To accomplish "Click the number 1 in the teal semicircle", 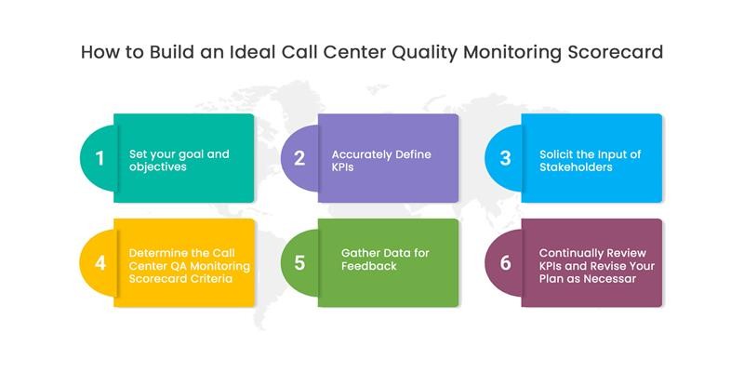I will [x=100, y=157].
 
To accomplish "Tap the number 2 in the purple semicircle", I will [x=299, y=157].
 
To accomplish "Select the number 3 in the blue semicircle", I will [x=505, y=157].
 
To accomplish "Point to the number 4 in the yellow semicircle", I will [x=100, y=262].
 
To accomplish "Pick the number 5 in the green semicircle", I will [x=299, y=262].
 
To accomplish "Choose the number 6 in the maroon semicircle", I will [x=505, y=262].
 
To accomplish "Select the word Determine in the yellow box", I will [x=156, y=252].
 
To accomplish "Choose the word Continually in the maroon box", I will [x=569, y=252].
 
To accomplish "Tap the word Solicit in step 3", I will [x=558, y=153].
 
